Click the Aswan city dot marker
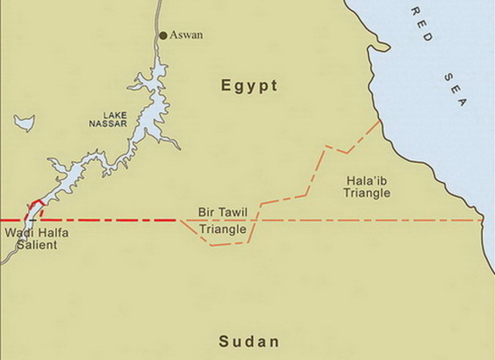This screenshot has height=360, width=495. [162, 35]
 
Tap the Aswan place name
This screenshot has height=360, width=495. [186, 35]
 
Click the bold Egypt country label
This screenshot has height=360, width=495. [249, 86]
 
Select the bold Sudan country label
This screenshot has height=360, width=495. [248, 341]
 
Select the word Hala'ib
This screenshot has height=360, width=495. [367, 180]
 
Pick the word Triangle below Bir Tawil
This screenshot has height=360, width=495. [223, 229]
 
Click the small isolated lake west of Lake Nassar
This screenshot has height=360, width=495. [24, 122]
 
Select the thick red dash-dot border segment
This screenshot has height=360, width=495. [101, 221]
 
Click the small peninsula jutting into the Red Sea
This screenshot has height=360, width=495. [378, 48]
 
